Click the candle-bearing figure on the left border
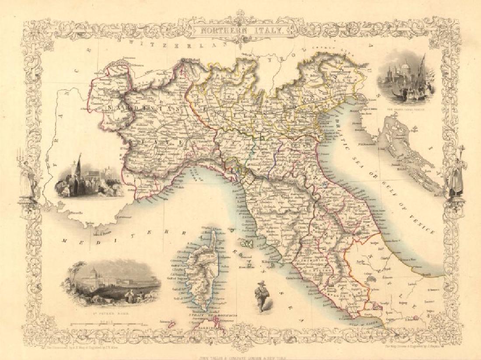[x=27, y=175]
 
